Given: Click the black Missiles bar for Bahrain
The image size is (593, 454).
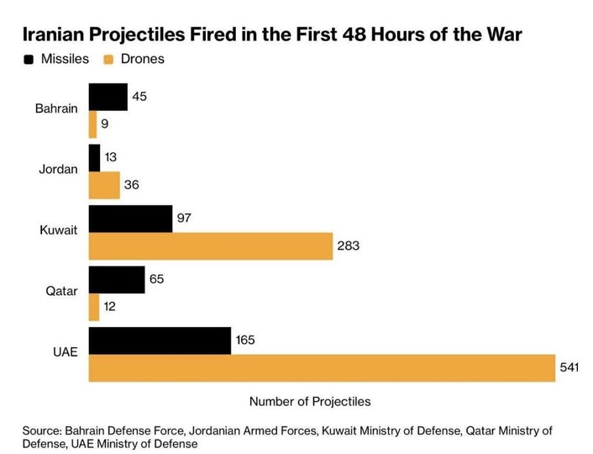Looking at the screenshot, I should point(108,97).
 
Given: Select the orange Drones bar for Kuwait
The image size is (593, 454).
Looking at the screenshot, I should point(211,247).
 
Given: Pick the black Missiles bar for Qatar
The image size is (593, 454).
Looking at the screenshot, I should point(116,279).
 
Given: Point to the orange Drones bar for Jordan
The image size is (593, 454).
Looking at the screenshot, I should point(104,186).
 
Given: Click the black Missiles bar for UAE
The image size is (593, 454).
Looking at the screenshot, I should point(160,340).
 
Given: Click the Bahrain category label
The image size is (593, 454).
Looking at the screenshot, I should point(57,108).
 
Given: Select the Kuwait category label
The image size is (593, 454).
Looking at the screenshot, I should point(60,230).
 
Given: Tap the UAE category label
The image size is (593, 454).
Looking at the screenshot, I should point(65,351).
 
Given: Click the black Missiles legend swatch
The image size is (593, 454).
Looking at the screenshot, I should point(29,60).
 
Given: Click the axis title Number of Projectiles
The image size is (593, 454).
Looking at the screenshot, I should point(310,401).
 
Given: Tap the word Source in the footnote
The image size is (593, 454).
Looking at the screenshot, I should point(43,430).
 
